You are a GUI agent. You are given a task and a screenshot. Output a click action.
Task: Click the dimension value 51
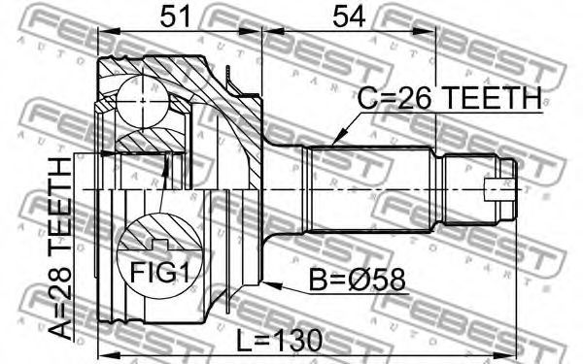175,17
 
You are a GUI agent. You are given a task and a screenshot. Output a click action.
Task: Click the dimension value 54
349,17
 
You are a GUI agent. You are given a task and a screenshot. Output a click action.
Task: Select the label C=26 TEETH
449,98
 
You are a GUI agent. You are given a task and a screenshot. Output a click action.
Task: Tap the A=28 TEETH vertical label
60,248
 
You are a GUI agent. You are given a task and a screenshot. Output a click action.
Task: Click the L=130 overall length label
280,341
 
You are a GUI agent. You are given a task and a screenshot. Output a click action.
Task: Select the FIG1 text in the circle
159,274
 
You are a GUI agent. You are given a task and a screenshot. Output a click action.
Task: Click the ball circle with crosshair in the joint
143,101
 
